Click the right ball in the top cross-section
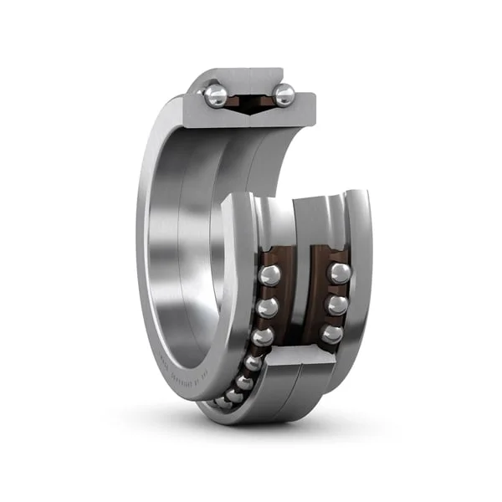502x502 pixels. (x=284, y=95)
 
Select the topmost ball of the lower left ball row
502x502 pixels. (x=269, y=275)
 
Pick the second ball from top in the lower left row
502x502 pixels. (x=268, y=306)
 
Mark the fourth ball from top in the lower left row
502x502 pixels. (x=253, y=362)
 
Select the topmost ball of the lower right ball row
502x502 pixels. (x=339, y=273)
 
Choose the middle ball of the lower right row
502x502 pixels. (x=336, y=304)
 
